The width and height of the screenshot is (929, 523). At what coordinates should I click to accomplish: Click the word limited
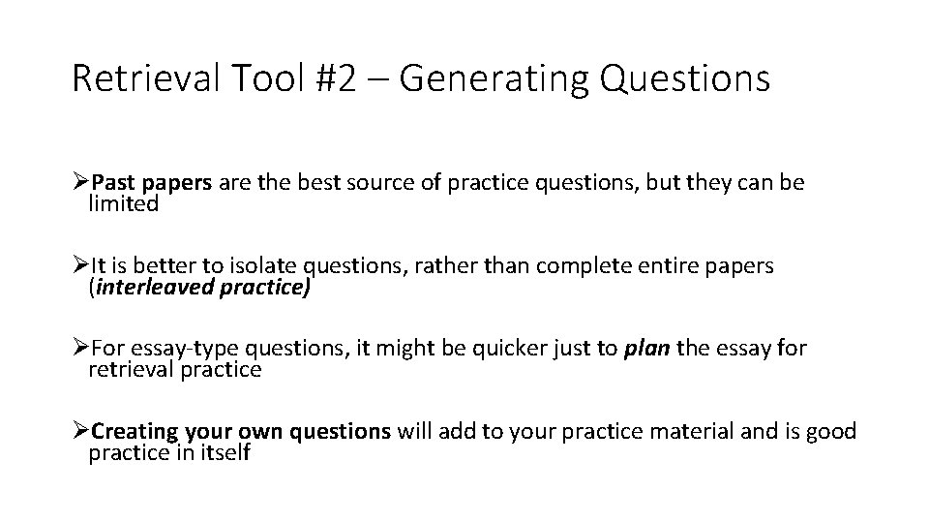(123, 203)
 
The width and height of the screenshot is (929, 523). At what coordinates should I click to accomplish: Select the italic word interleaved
(157, 288)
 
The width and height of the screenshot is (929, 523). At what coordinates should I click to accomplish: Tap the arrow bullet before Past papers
(80, 184)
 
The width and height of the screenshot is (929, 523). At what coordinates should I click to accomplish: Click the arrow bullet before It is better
(80, 267)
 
